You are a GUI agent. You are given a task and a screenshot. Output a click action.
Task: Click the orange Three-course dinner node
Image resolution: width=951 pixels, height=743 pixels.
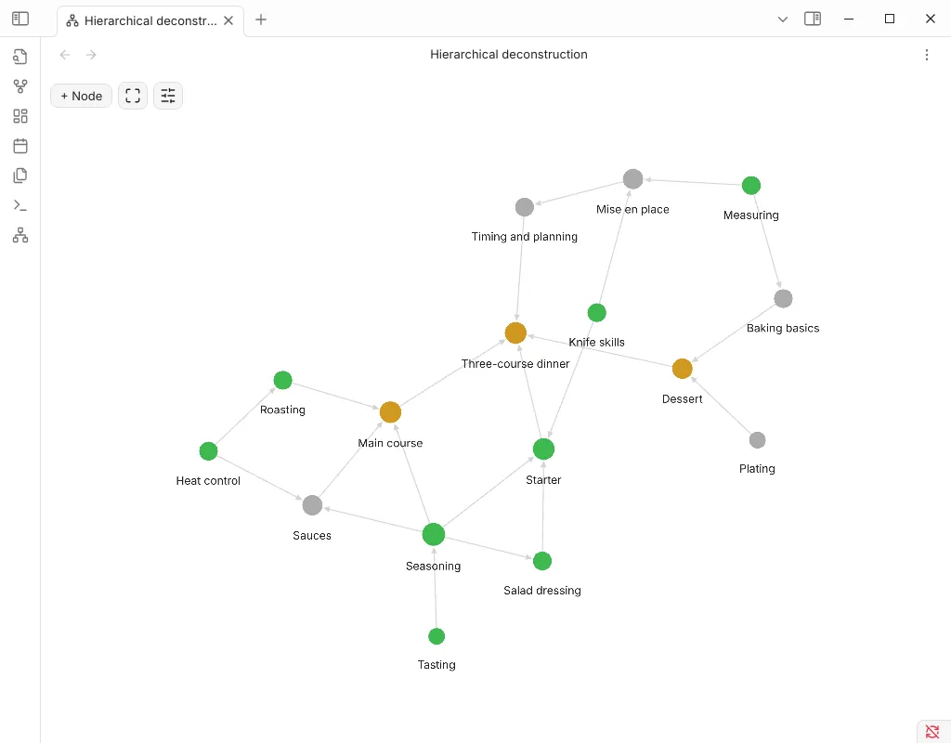tap(515, 333)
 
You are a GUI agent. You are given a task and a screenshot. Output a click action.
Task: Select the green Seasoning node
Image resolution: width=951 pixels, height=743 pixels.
tap(434, 534)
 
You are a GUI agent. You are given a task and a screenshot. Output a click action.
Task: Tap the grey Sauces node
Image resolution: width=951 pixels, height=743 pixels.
tap(312, 504)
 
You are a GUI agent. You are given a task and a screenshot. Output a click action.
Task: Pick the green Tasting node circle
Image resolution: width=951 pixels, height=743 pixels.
tap(436, 636)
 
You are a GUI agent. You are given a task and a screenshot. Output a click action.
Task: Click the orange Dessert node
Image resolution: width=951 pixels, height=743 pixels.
tap(683, 368)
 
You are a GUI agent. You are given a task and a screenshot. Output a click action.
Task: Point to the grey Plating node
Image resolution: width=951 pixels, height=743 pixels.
tap(757, 439)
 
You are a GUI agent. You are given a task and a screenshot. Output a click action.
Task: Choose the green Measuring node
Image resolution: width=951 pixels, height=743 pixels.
tap(750, 185)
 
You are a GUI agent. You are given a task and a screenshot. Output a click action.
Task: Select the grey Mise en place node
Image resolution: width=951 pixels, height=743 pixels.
tap(632, 179)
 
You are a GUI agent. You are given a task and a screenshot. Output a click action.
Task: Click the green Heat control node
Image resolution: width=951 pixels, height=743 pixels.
tap(209, 451)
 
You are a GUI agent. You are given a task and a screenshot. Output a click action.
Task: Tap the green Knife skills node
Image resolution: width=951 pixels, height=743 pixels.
tap(597, 312)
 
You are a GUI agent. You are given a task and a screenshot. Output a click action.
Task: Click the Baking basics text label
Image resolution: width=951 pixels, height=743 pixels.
tap(782, 328)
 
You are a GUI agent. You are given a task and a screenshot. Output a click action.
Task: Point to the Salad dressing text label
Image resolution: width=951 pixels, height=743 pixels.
tap(542, 590)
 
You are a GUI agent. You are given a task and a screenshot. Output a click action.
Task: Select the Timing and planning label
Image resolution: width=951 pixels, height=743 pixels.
tap(524, 237)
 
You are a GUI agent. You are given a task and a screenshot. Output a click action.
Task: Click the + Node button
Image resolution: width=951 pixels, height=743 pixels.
tap(82, 96)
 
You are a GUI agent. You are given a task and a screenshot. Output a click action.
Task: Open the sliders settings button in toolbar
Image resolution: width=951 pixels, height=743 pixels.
tap(168, 96)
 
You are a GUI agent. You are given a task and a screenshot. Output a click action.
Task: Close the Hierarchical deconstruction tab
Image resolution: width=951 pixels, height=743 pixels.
tap(228, 20)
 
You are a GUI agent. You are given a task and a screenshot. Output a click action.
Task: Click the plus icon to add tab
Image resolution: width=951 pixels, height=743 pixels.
tap(261, 20)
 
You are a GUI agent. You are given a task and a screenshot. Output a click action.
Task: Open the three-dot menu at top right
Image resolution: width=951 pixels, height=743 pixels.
tap(926, 55)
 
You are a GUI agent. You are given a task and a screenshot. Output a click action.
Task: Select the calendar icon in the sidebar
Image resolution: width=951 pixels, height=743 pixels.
tap(20, 146)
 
